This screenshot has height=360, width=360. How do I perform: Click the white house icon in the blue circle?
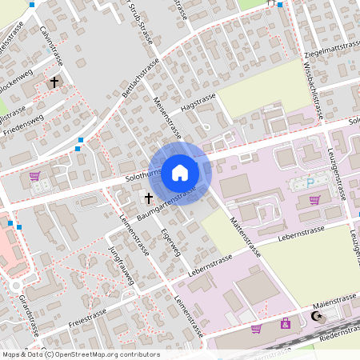coord(179,172)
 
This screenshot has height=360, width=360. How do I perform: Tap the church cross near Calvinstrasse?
coord(55,82)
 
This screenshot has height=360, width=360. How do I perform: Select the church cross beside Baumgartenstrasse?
coord(148,197)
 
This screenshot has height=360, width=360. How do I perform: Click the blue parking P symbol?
coord(310,183)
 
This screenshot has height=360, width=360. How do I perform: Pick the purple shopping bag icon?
coord(286,323)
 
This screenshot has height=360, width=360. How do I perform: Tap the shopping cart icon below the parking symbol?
coord(314,200)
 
